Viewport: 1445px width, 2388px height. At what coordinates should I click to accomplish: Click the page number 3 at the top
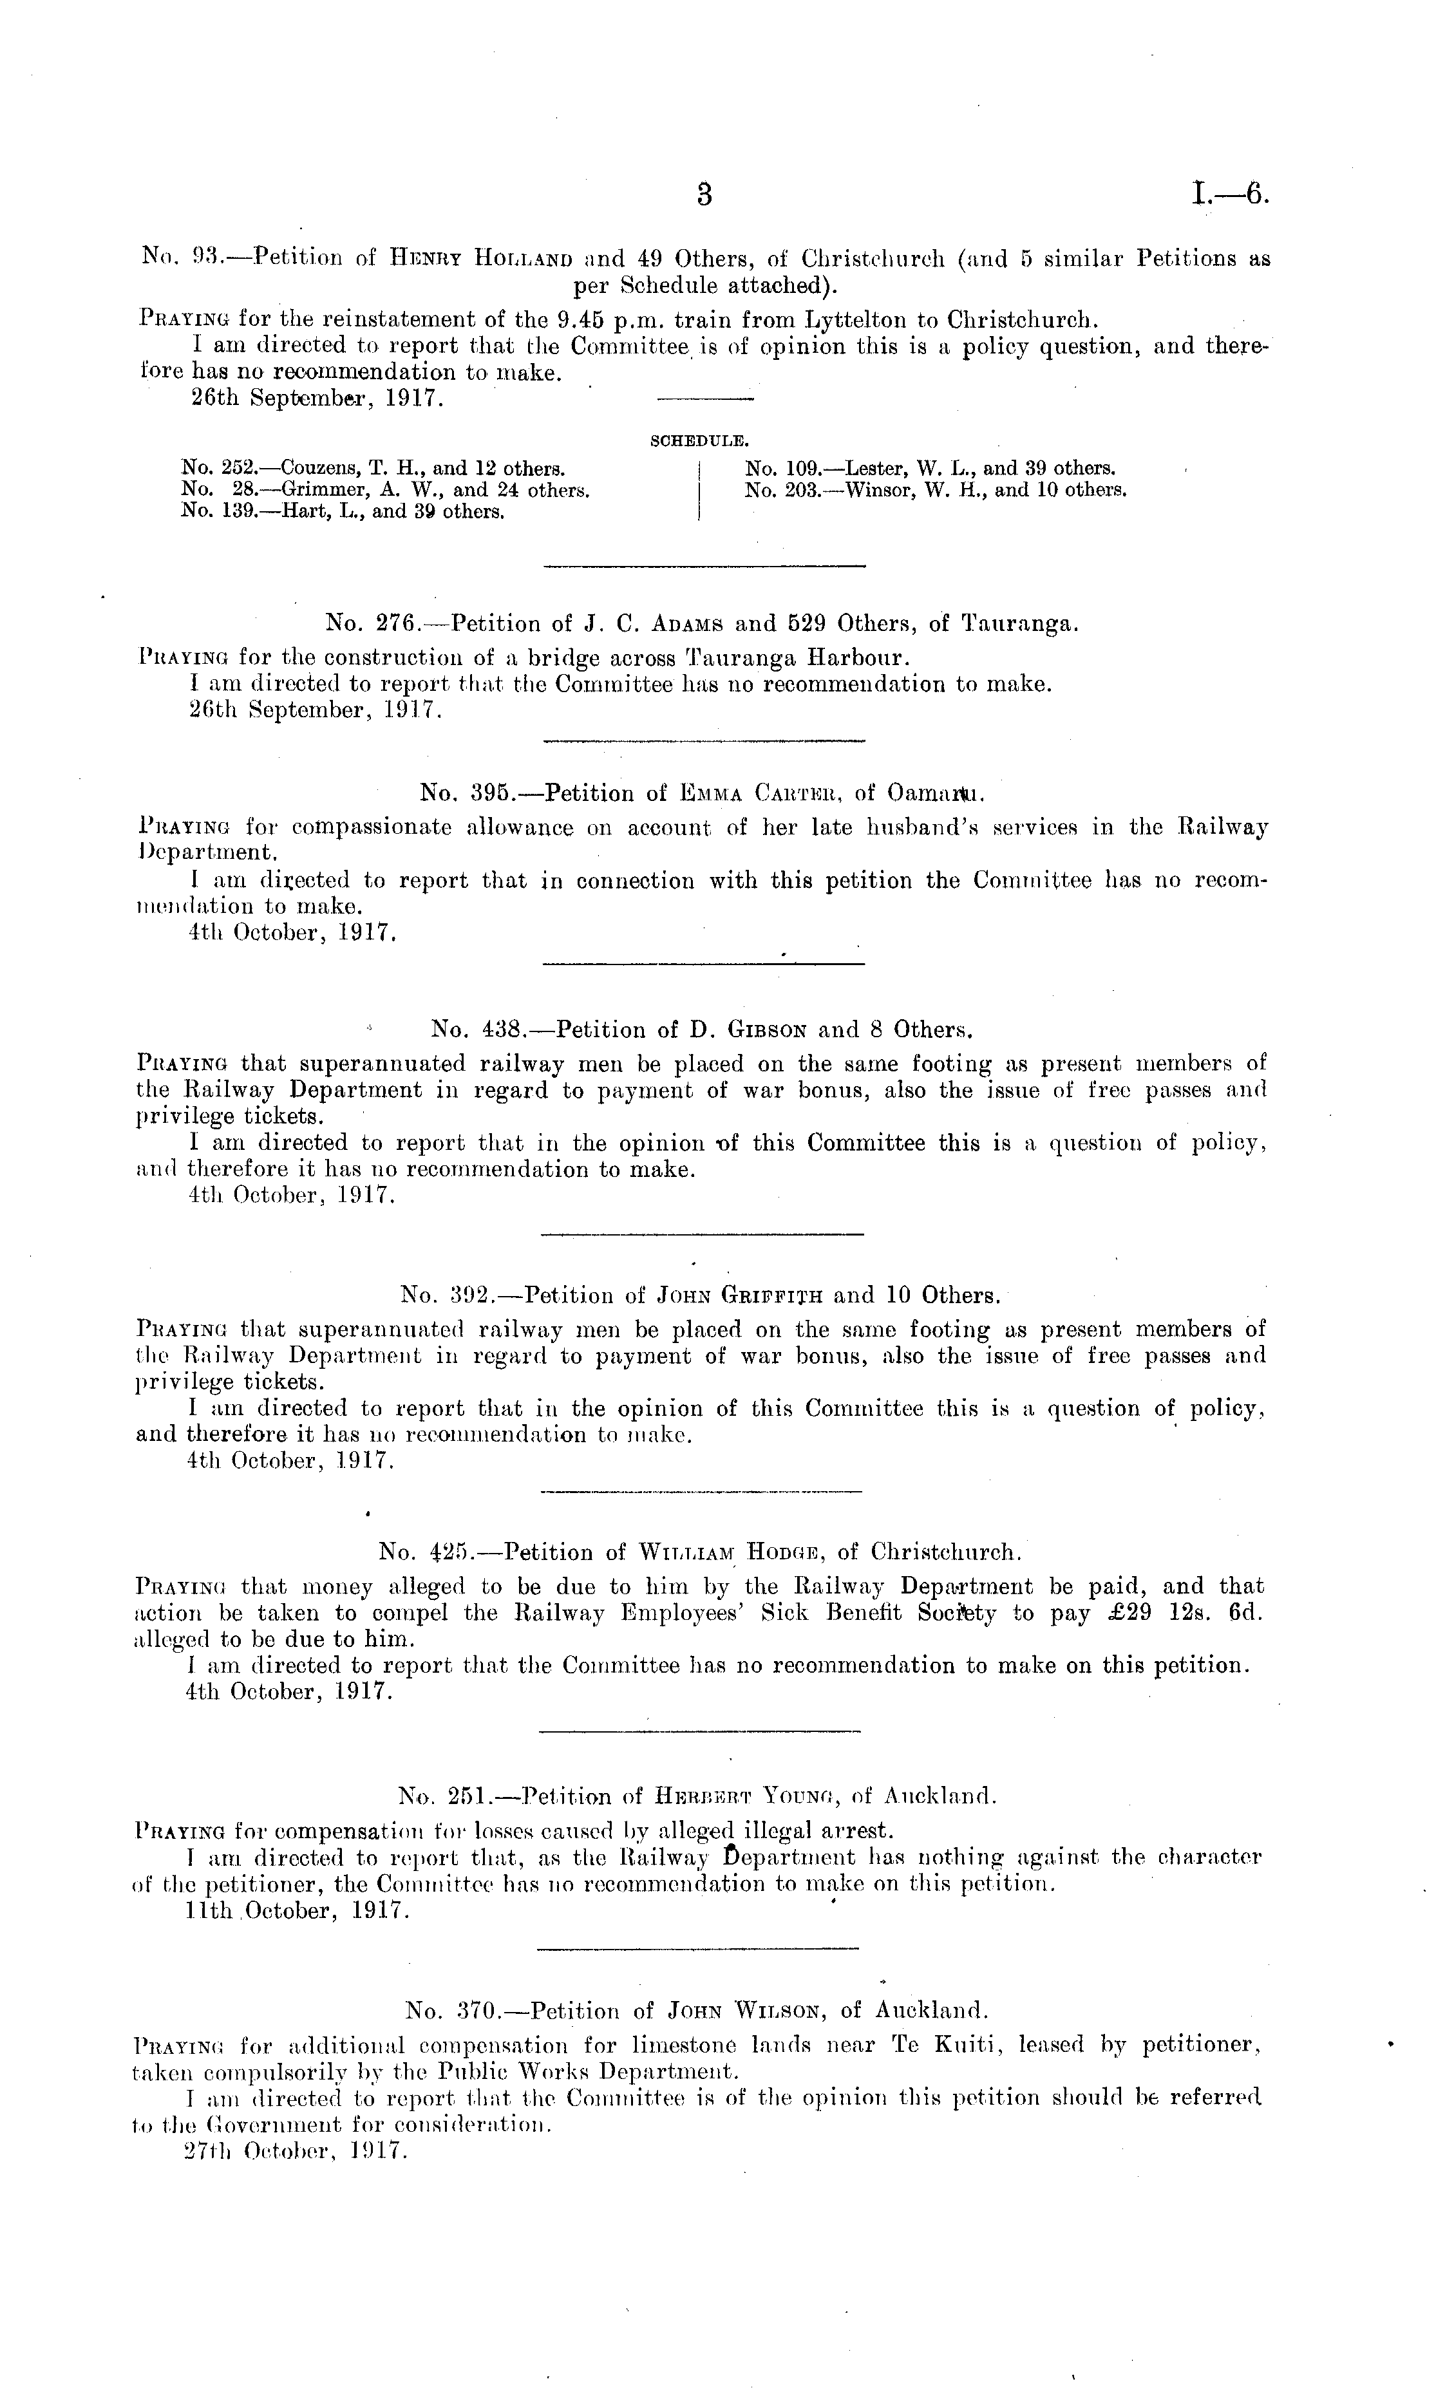[x=704, y=195]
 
